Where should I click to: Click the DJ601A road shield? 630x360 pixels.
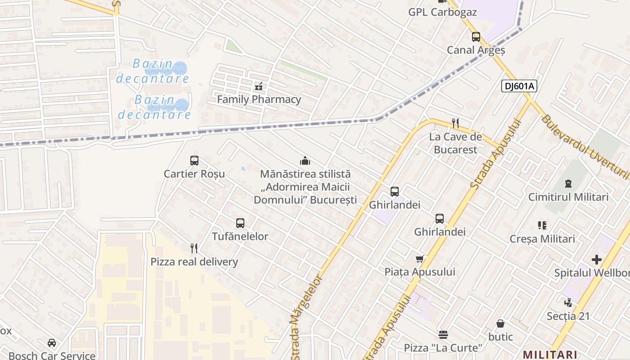tap(519, 86)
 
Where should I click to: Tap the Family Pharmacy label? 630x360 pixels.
tap(259, 99)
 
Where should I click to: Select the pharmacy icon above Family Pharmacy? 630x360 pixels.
tap(259, 85)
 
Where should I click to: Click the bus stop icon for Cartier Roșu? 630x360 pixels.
tap(194, 161)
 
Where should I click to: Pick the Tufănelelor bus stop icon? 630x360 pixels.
tap(240, 223)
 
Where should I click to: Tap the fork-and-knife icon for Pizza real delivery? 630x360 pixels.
tap(194, 248)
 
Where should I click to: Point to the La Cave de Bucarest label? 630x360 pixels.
tap(455, 143)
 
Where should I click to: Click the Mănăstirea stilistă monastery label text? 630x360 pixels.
tap(305, 187)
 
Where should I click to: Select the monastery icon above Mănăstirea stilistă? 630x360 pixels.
tap(305, 161)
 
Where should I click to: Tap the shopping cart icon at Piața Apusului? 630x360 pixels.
tap(420, 259)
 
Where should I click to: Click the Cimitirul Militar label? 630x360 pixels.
tap(568, 197)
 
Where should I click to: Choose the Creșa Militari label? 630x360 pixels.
tap(542, 239)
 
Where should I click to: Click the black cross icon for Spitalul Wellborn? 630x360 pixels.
tap(597, 260)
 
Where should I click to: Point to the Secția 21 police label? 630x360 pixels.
tap(568, 316)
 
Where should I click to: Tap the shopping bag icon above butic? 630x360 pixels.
tap(500, 324)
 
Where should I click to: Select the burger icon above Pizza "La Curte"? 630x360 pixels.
tap(443, 334)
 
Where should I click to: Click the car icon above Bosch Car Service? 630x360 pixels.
tap(52, 343)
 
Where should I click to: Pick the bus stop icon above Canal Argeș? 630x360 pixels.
tap(476, 37)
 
